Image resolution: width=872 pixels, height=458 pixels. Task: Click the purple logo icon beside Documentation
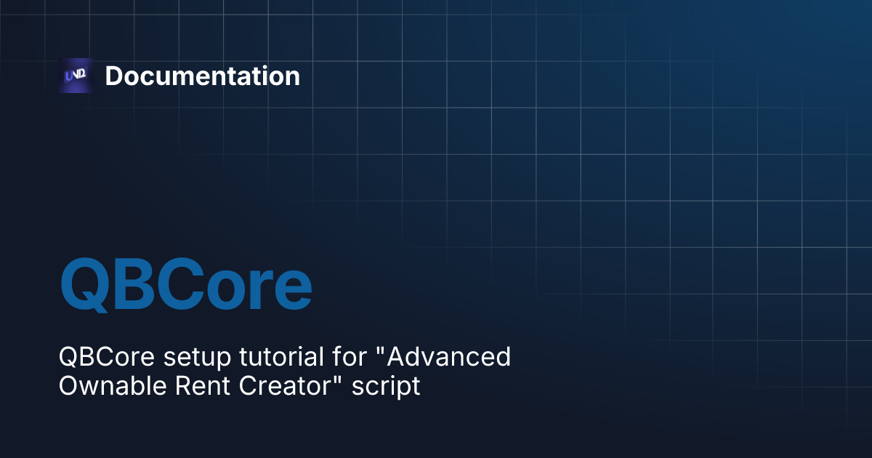click(76, 76)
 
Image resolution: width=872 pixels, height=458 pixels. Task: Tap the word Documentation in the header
click(202, 76)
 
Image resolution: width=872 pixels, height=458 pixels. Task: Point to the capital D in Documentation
click(113, 76)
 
